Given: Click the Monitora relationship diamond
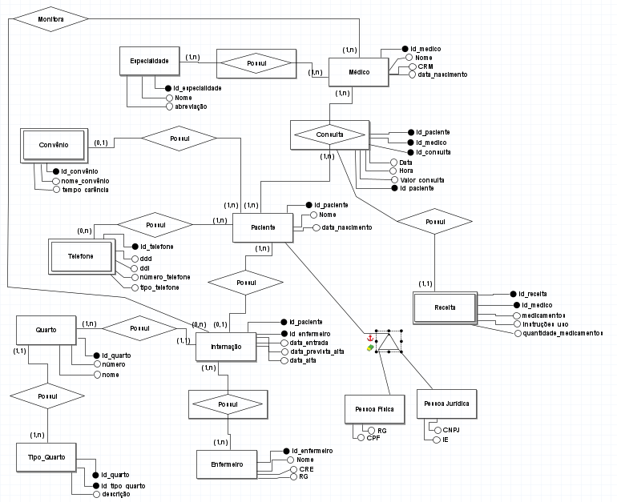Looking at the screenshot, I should point(51,18).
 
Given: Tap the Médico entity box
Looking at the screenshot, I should point(358,73).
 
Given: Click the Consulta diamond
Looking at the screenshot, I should point(329,135).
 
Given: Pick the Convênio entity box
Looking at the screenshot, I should point(53,146).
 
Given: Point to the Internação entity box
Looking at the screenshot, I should point(225,347).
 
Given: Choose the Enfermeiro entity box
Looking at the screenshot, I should point(228,464).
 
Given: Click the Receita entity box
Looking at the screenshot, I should point(444,307).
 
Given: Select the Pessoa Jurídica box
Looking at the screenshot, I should point(446,404).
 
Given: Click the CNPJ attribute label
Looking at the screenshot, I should point(450,431).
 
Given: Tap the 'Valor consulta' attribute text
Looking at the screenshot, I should point(421,180).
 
